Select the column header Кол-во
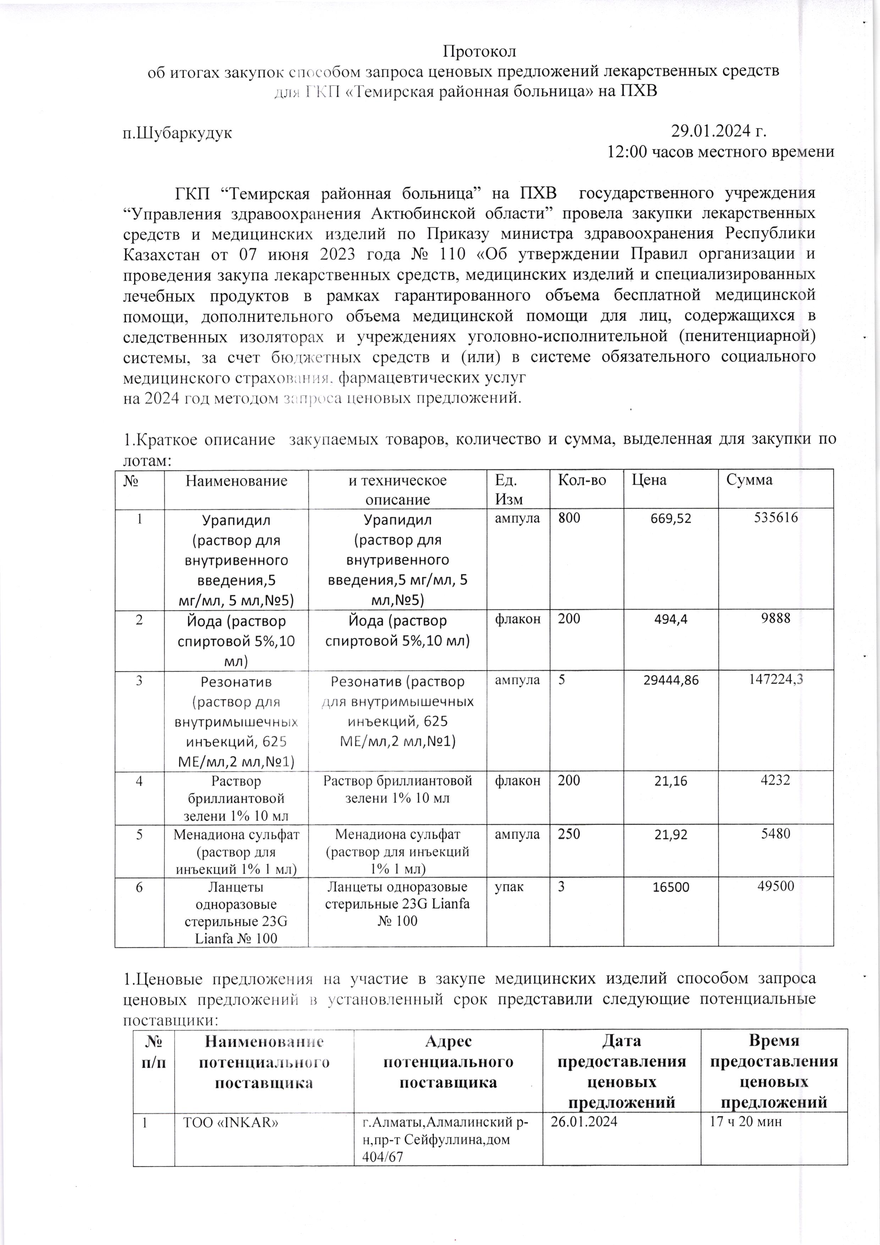[x=582, y=480]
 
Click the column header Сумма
[x=749, y=480]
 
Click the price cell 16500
[x=671, y=888]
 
